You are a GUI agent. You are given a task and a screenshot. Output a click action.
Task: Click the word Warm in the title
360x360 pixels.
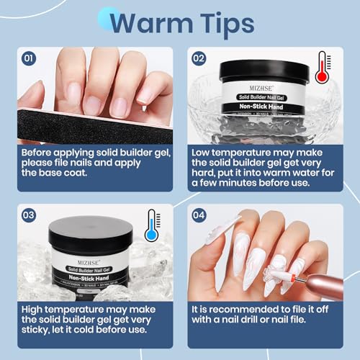pyautogui.click(x=149, y=23)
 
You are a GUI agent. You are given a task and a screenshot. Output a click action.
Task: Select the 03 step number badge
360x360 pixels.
pyautogui.click(x=29, y=215)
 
